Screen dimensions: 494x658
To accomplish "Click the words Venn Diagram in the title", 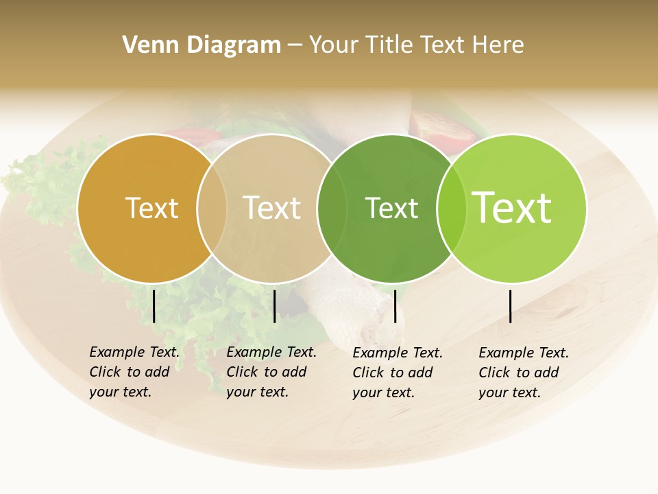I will pos(201,45).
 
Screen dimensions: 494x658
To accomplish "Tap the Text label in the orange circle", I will pos(151,208).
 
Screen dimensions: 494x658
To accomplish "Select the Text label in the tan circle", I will pos(271,208).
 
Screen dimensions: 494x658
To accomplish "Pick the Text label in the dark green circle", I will pos(391,208).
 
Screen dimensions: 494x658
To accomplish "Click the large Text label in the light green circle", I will pos(512,207).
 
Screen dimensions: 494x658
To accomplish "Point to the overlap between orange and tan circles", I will pos(212,208).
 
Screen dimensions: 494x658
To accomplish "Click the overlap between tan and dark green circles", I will pos(326,208).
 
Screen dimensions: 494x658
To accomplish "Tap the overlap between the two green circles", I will pos(452,208).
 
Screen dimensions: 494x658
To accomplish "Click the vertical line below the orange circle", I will pos(154,306).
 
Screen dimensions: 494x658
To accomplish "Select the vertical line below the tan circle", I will pos(274,306).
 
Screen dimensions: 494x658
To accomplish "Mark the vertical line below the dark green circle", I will pos(395,306).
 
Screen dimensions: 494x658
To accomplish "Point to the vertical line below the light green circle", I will pos(511,306).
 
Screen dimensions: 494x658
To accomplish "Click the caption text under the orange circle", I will pos(134,372).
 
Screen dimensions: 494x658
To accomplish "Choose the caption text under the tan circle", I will pos(271,372).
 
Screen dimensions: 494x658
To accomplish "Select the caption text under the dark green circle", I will pos(397,373).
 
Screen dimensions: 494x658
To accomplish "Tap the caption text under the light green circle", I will pos(523,373).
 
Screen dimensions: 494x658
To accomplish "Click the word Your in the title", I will pos(334,45).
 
